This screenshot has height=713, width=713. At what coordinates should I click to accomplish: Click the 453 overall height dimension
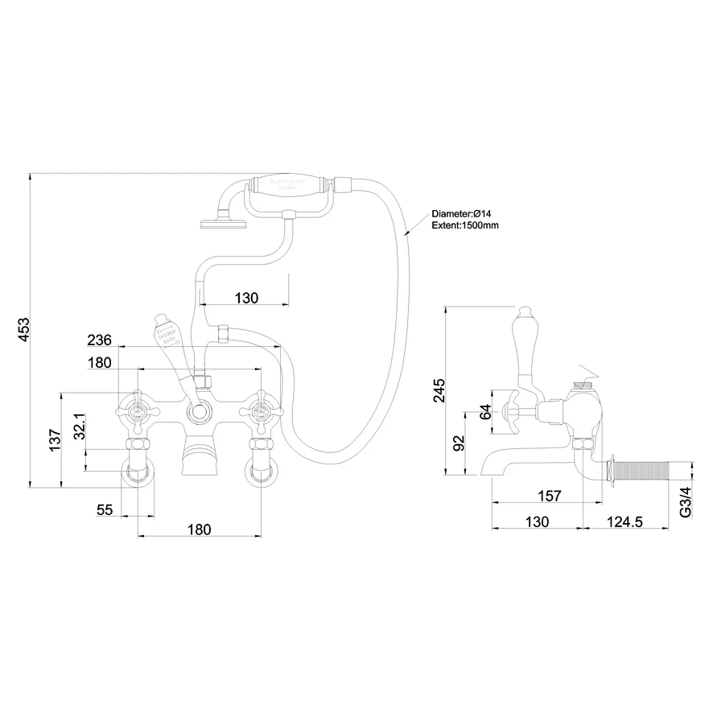click(x=24, y=330)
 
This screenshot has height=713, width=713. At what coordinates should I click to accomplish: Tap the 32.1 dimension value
click(x=79, y=427)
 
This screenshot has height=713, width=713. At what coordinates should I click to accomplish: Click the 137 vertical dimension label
click(x=55, y=442)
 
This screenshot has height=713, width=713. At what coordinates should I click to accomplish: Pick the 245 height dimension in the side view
click(x=438, y=391)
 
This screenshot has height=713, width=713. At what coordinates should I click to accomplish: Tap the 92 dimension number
click(x=460, y=444)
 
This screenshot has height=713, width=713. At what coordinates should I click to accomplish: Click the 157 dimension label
click(x=549, y=497)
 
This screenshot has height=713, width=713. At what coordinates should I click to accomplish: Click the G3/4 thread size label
click(x=685, y=501)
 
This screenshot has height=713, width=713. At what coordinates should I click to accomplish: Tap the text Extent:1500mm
click(x=465, y=226)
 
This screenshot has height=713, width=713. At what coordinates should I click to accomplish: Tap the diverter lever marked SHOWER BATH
click(x=167, y=339)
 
